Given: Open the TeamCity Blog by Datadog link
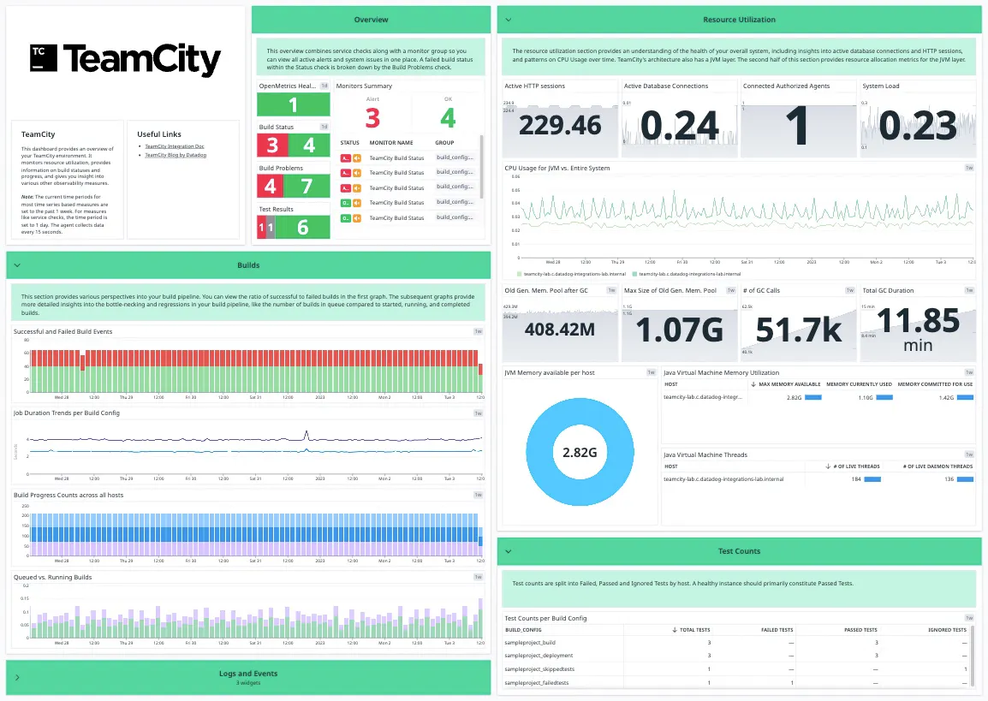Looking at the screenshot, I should point(175,155).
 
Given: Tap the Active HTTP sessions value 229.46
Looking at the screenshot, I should point(560,125).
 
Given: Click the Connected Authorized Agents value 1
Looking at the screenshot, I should point(797,125).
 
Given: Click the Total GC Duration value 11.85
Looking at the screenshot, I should point(917,320).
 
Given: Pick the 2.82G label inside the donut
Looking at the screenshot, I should point(580,451).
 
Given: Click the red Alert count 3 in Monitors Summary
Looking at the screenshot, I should point(372,117).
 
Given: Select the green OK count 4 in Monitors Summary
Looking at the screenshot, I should point(448,117).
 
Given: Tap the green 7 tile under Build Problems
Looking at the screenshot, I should point(307,186).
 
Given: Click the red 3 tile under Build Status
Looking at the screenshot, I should point(273,146).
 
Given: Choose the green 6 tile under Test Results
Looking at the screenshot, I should point(302,227).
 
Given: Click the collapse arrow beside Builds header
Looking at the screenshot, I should point(17,265).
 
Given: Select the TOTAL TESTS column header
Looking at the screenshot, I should point(693,630).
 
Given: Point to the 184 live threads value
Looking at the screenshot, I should point(855,479).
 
